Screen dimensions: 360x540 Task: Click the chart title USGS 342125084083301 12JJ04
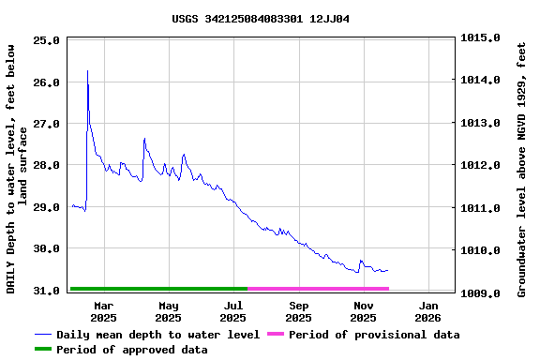click(x=261, y=19)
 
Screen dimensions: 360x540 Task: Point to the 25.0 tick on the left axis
click(x=46, y=41)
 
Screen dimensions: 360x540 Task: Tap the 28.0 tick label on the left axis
click(x=46, y=165)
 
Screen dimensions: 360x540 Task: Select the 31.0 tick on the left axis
click(x=46, y=292)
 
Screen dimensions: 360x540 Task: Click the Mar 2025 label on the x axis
click(x=103, y=311)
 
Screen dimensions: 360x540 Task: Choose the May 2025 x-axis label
click(x=169, y=311)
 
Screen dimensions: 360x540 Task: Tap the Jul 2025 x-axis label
click(x=233, y=311)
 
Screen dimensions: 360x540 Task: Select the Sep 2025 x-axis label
click(x=299, y=311)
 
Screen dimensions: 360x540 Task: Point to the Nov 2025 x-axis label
click(x=364, y=311)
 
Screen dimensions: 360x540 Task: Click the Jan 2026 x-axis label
click(x=428, y=311)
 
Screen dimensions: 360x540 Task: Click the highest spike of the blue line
click(x=87, y=71)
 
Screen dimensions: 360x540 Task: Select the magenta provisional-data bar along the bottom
click(x=318, y=289)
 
